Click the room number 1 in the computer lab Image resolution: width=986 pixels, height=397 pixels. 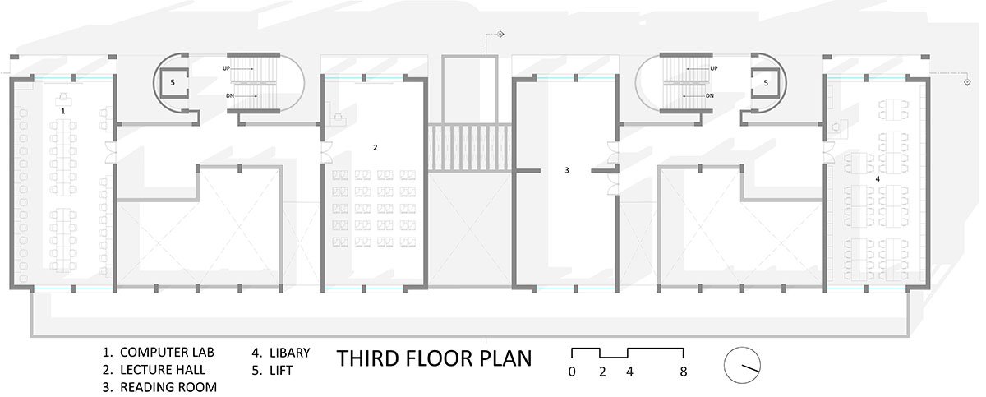click(63, 111)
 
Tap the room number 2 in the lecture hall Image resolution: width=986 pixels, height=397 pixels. click(375, 147)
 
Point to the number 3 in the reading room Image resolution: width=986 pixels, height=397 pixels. click(566, 170)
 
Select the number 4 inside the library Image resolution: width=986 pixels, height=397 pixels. click(878, 178)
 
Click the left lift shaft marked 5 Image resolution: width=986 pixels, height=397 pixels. click(173, 82)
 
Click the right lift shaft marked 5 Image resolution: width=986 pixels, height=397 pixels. click(766, 82)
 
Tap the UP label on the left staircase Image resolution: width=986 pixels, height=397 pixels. click(226, 69)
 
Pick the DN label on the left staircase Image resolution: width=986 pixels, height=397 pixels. click(230, 95)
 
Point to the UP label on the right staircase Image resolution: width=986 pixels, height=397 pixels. click(713, 69)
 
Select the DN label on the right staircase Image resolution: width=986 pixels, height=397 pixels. click(710, 95)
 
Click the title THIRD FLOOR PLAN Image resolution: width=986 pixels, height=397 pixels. click(434, 358)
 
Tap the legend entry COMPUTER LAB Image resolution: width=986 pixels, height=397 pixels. click(167, 352)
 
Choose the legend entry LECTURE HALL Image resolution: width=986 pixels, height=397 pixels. click(163, 370)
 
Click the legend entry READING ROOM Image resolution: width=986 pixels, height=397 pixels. click(168, 387)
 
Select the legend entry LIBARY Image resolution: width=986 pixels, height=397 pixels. click(289, 353)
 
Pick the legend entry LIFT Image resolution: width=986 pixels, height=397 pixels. click(281, 370)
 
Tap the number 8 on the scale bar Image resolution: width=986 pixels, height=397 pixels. click(683, 372)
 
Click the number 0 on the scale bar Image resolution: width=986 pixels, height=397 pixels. click(572, 372)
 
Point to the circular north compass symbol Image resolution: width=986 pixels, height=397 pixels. click(742, 365)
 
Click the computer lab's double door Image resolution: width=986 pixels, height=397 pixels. click(110, 152)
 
